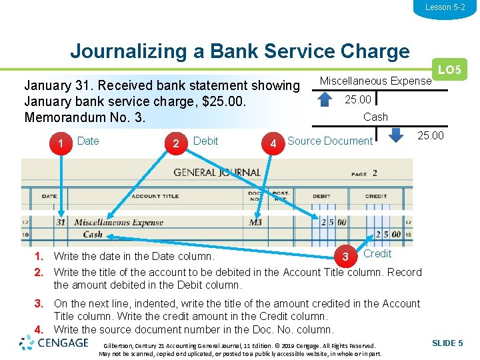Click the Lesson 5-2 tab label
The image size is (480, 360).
(445, 7)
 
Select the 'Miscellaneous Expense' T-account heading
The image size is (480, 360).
(375, 81)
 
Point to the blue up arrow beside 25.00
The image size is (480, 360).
(324, 99)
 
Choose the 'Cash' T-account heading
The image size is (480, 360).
(375, 117)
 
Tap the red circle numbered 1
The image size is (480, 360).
(61, 143)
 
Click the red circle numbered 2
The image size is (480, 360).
(176, 143)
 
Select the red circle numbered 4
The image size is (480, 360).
(273, 143)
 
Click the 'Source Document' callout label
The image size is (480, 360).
(330, 141)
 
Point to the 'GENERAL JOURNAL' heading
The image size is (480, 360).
(217, 172)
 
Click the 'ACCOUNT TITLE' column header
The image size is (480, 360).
(155, 196)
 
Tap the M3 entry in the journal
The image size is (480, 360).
(255, 222)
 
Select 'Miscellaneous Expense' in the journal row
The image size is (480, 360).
(118, 223)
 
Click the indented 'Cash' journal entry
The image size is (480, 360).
(93, 234)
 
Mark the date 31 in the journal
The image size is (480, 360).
(61, 222)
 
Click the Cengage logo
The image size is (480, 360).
(55, 343)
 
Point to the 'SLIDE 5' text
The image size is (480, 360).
(447, 343)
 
